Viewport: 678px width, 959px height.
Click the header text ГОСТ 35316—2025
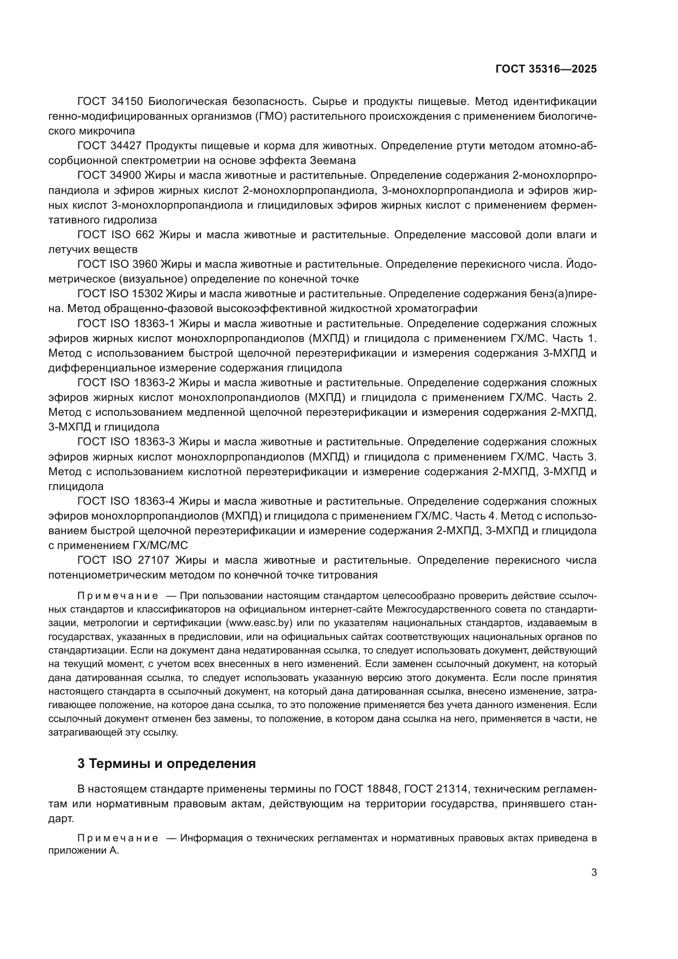(546, 69)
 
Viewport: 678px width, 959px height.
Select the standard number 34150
(128, 102)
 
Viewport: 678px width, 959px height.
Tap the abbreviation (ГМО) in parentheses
(271, 116)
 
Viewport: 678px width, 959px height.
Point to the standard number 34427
(128, 146)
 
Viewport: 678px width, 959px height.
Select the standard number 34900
(128, 175)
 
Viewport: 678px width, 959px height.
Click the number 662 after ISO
(145, 235)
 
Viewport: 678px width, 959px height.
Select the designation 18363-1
(154, 324)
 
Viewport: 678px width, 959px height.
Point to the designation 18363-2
(154, 383)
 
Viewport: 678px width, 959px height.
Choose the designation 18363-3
(154, 442)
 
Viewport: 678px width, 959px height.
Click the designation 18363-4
(154, 501)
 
